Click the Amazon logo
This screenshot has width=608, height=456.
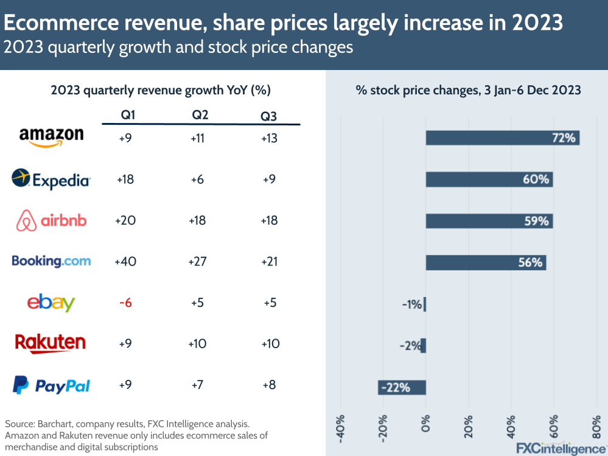click(51, 137)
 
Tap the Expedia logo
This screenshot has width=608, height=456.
click(51, 179)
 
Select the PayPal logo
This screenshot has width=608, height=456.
click(51, 385)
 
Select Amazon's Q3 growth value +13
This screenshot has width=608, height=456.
click(269, 138)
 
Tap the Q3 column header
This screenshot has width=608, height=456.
click(269, 116)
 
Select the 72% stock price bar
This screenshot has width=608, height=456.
click(502, 138)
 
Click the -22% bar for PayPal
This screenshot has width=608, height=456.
click(402, 387)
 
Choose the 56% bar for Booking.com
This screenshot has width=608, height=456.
click(486, 262)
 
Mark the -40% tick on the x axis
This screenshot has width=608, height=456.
click(340, 430)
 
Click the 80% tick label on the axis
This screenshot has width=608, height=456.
click(597, 430)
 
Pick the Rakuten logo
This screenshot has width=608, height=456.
click(51, 343)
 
